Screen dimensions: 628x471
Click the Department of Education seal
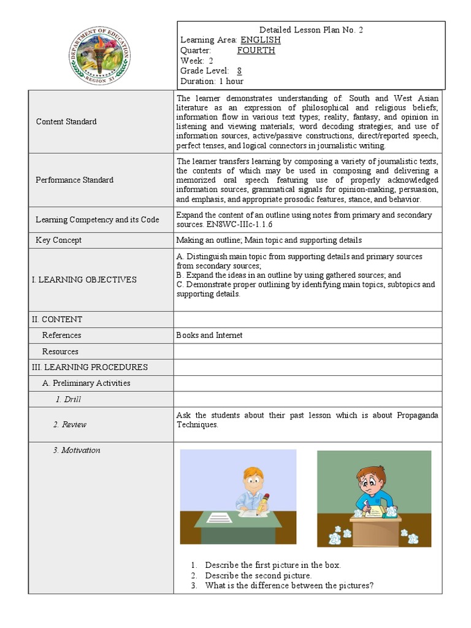(x=100, y=56)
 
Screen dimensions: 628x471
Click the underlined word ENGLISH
(x=260, y=40)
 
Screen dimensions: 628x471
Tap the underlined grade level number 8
(x=239, y=71)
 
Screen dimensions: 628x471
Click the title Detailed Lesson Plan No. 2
(x=312, y=29)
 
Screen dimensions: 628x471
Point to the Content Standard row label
(x=66, y=121)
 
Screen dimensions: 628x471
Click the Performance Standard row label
(x=74, y=180)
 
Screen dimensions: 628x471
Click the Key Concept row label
(x=58, y=240)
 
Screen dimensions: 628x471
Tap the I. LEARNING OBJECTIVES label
(x=84, y=280)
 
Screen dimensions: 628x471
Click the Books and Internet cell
(x=209, y=335)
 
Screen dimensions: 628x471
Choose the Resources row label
(x=60, y=351)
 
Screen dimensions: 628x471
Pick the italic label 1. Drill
(x=68, y=399)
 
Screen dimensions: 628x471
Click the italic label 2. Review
(x=69, y=424)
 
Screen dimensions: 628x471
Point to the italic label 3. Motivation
(x=76, y=450)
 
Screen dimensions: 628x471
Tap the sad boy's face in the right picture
(x=366, y=481)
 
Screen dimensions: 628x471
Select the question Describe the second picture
(x=258, y=575)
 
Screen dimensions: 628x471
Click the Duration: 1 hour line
(x=212, y=81)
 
